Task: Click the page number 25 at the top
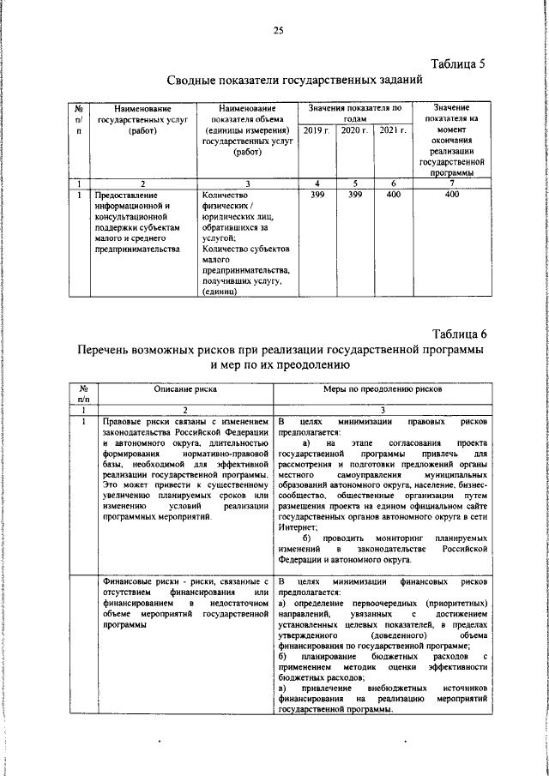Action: pyautogui.click(x=278, y=31)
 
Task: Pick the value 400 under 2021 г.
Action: pyautogui.click(x=392, y=195)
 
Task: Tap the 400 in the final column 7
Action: pyautogui.click(x=452, y=195)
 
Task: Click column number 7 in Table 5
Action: pyautogui.click(x=452, y=183)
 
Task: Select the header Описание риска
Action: pyautogui.click(x=185, y=388)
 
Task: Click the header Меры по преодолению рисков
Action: pyautogui.click(x=383, y=388)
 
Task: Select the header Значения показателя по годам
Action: pyautogui.click(x=354, y=113)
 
